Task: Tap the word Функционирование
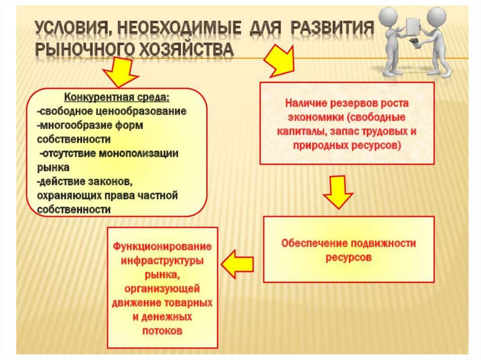pos(162,246)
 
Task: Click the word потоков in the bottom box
pos(162,330)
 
